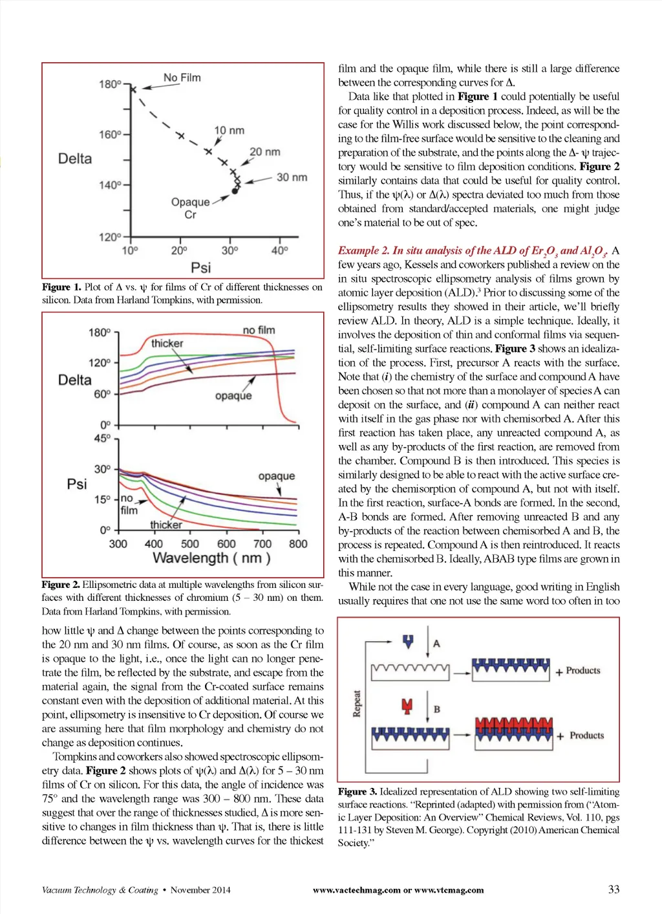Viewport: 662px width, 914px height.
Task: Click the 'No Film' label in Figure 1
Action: point(182,78)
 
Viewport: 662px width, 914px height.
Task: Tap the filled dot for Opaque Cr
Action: point(235,191)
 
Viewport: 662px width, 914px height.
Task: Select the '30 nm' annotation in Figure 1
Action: point(292,177)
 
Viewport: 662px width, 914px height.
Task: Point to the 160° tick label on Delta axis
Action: point(109,135)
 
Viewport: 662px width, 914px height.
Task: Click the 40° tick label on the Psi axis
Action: point(279,250)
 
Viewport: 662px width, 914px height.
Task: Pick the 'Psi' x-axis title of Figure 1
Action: point(200,268)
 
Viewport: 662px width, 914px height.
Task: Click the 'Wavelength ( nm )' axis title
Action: point(211,558)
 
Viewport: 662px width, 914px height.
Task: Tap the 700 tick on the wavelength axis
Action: point(262,544)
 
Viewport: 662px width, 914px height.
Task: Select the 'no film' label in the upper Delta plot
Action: point(259,330)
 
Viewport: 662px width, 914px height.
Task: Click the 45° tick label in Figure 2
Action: point(102,439)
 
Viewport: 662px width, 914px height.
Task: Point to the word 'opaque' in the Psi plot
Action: point(276,476)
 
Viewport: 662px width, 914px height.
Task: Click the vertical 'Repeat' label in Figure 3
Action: point(356,703)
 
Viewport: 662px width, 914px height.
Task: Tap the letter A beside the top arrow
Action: point(436,644)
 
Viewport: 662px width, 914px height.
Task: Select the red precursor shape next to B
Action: point(407,706)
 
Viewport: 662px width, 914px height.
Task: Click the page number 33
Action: point(614,889)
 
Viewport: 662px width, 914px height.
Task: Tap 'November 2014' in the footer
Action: point(200,890)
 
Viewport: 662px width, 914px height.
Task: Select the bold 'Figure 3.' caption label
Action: point(357,792)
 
